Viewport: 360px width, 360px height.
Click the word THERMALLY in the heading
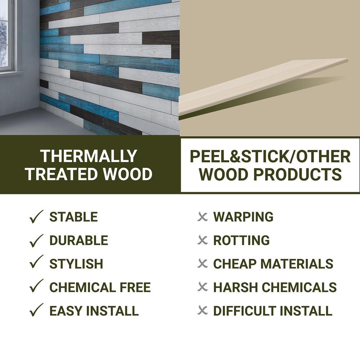89,156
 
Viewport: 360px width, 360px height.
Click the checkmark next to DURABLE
36,240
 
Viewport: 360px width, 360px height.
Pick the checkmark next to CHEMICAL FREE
36,287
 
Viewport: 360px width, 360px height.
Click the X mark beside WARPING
203,217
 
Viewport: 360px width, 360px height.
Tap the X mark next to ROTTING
203,240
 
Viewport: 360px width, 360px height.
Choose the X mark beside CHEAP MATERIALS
203,264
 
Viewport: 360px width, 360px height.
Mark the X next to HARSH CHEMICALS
203,287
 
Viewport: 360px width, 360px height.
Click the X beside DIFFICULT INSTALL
203,310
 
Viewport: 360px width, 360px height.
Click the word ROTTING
241,240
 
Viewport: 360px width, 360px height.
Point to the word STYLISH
76,264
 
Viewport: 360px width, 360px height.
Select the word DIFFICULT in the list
244,310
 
